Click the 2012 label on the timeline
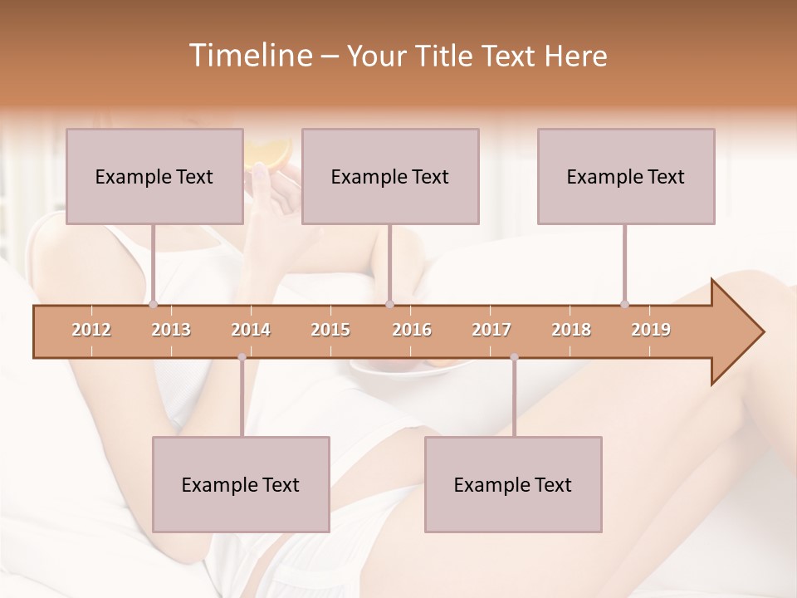point(91,330)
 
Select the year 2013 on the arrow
point(171,330)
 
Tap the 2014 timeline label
point(251,330)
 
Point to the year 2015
point(330,330)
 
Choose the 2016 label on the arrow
point(412,330)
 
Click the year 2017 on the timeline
point(491,330)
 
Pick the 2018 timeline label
point(571,330)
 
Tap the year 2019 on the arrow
point(651,330)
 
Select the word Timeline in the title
point(249,56)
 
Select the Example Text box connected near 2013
point(154,176)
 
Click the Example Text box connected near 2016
point(390,176)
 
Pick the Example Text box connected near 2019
point(626,176)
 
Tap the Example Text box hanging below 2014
point(241,484)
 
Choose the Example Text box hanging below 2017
point(513,484)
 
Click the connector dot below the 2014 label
point(242,357)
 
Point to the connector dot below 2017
point(514,357)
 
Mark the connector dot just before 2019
point(624,304)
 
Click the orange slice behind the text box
point(270,151)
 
